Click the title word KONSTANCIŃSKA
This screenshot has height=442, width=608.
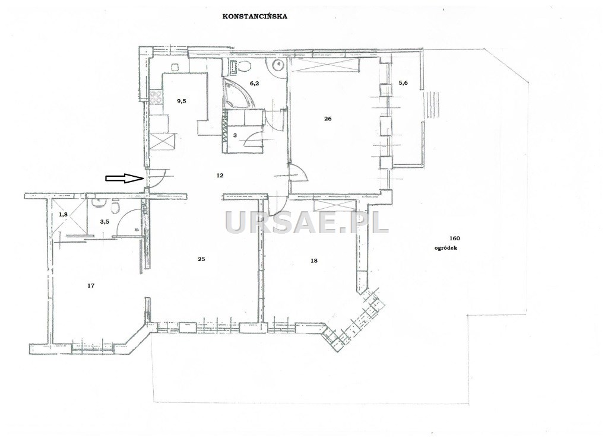point(255,17)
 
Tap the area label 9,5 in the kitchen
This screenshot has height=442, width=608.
point(182,101)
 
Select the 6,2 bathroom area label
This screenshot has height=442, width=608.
point(254,82)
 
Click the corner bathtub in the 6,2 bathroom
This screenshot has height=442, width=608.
point(237,93)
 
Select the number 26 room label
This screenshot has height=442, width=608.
point(328,119)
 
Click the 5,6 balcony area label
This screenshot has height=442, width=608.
point(403,82)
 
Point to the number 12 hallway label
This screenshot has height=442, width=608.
point(220,176)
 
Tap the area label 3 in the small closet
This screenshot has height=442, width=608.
point(235,136)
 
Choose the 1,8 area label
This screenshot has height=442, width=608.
point(63,214)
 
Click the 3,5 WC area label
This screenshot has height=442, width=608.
point(104,222)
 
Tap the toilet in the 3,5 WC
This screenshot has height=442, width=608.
point(115,206)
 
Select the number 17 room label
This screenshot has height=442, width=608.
point(91,286)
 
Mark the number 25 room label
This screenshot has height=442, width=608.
point(201,259)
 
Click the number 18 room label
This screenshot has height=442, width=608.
point(314,260)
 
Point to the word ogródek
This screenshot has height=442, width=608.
point(446,248)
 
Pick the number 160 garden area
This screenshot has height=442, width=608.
point(454,239)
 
